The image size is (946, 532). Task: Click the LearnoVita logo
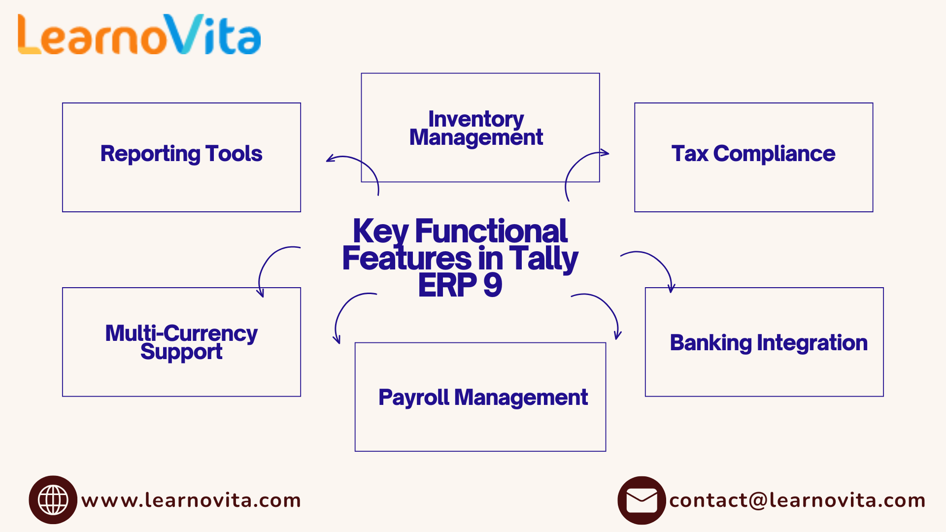point(139,34)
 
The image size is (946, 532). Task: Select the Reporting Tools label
point(181,154)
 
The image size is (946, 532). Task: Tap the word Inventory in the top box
point(476,119)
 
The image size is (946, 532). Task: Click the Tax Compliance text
point(753,154)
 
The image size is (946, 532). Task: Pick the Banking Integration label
point(768,343)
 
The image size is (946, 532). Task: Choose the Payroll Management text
point(483,398)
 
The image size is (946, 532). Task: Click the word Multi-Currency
point(181,333)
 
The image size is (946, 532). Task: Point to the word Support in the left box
point(181,352)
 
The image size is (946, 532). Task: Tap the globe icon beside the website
point(53,499)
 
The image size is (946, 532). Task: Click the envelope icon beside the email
point(642,500)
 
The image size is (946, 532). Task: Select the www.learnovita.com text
point(191,500)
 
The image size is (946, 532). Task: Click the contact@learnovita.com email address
point(797,500)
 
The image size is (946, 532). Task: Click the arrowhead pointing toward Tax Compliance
point(606,153)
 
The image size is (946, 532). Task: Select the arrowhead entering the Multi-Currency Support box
point(261,294)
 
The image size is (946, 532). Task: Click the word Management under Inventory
point(476,137)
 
